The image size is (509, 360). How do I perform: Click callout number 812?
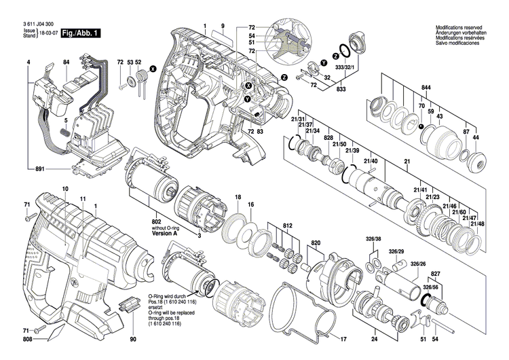tap(288, 225)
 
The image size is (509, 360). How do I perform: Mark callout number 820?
tap(316, 243)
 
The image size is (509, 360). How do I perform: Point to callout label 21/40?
tap(371, 160)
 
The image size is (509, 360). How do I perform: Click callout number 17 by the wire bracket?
tap(343, 339)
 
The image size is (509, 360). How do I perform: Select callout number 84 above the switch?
tap(67, 62)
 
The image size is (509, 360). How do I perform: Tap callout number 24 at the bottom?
tap(373, 339)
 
